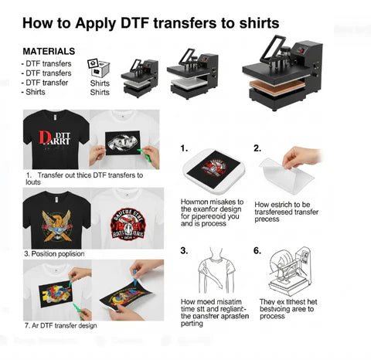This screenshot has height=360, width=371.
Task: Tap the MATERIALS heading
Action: [49, 50]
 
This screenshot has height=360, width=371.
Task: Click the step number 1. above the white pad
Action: [184, 148]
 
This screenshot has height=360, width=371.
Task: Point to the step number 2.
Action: [257, 148]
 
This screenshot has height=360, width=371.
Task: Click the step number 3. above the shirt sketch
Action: [184, 250]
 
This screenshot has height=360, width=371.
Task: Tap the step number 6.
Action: [257, 250]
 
